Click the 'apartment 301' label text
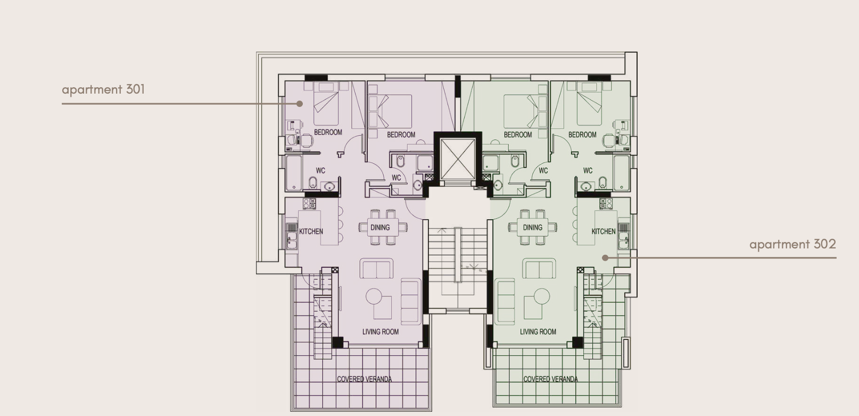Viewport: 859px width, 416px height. click(103, 89)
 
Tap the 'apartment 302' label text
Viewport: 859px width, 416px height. click(792, 244)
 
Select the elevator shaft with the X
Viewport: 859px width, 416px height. click(458, 159)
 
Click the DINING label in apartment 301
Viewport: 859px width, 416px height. click(380, 227)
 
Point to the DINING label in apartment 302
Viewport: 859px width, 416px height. click(533, 227)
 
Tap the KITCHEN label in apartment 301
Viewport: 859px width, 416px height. click(311, 231)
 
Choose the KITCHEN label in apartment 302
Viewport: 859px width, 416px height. click(603, 231)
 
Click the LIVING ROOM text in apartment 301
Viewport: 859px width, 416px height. click(381, 331)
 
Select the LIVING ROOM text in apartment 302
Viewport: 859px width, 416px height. click(538, 331)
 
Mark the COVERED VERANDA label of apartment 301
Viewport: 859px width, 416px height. click(365, 379)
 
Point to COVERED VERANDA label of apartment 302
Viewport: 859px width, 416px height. click(551, 379)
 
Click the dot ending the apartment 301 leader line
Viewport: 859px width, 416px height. click(300, 104)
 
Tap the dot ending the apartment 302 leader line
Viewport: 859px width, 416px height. click(605, 257)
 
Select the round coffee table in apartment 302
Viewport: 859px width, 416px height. click(541, 296)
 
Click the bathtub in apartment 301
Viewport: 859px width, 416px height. click(294, 173)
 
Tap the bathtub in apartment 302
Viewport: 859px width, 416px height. click(621, 173)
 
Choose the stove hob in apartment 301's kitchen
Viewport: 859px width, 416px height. click(309, 204)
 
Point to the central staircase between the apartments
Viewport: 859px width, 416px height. click(458, 269)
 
